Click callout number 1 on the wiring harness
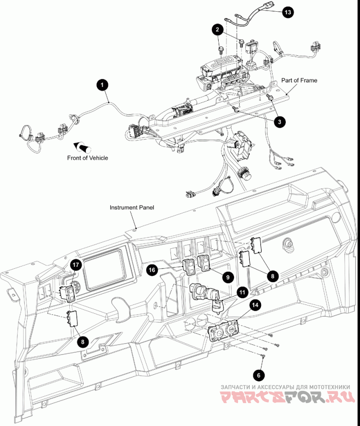[x=103, y=84]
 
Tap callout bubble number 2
[x=217, y=30]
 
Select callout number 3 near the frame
[x=279, y=121]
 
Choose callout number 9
[x=228, y=277]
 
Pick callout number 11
[x=243, y=292]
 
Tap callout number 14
[x=255, y=305]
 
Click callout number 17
[x=76, y=265]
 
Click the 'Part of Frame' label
[x=299, y=81]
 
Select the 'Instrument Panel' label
[x=132, y=208]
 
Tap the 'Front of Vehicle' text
[x=88, y=158]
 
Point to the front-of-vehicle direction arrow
[x=82, y=146]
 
